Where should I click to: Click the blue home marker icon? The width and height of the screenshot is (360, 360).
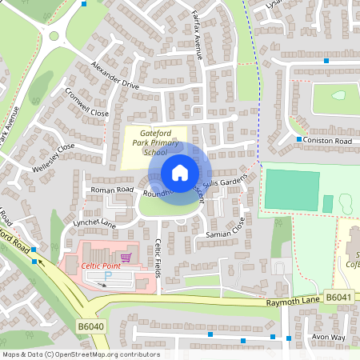tap(179, 172)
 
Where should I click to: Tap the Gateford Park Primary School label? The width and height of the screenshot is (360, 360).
tap(156, 140)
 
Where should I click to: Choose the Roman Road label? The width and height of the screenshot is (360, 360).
tap(112, 190)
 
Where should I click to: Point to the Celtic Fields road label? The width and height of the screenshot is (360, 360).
tap(158, 255)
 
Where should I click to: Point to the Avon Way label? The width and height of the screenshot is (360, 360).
tap(328, 338)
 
